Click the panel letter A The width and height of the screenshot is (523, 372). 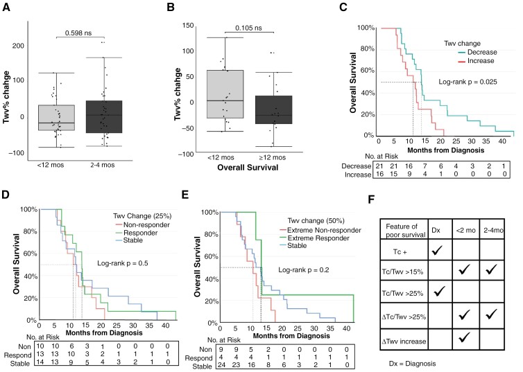[8, 8]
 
